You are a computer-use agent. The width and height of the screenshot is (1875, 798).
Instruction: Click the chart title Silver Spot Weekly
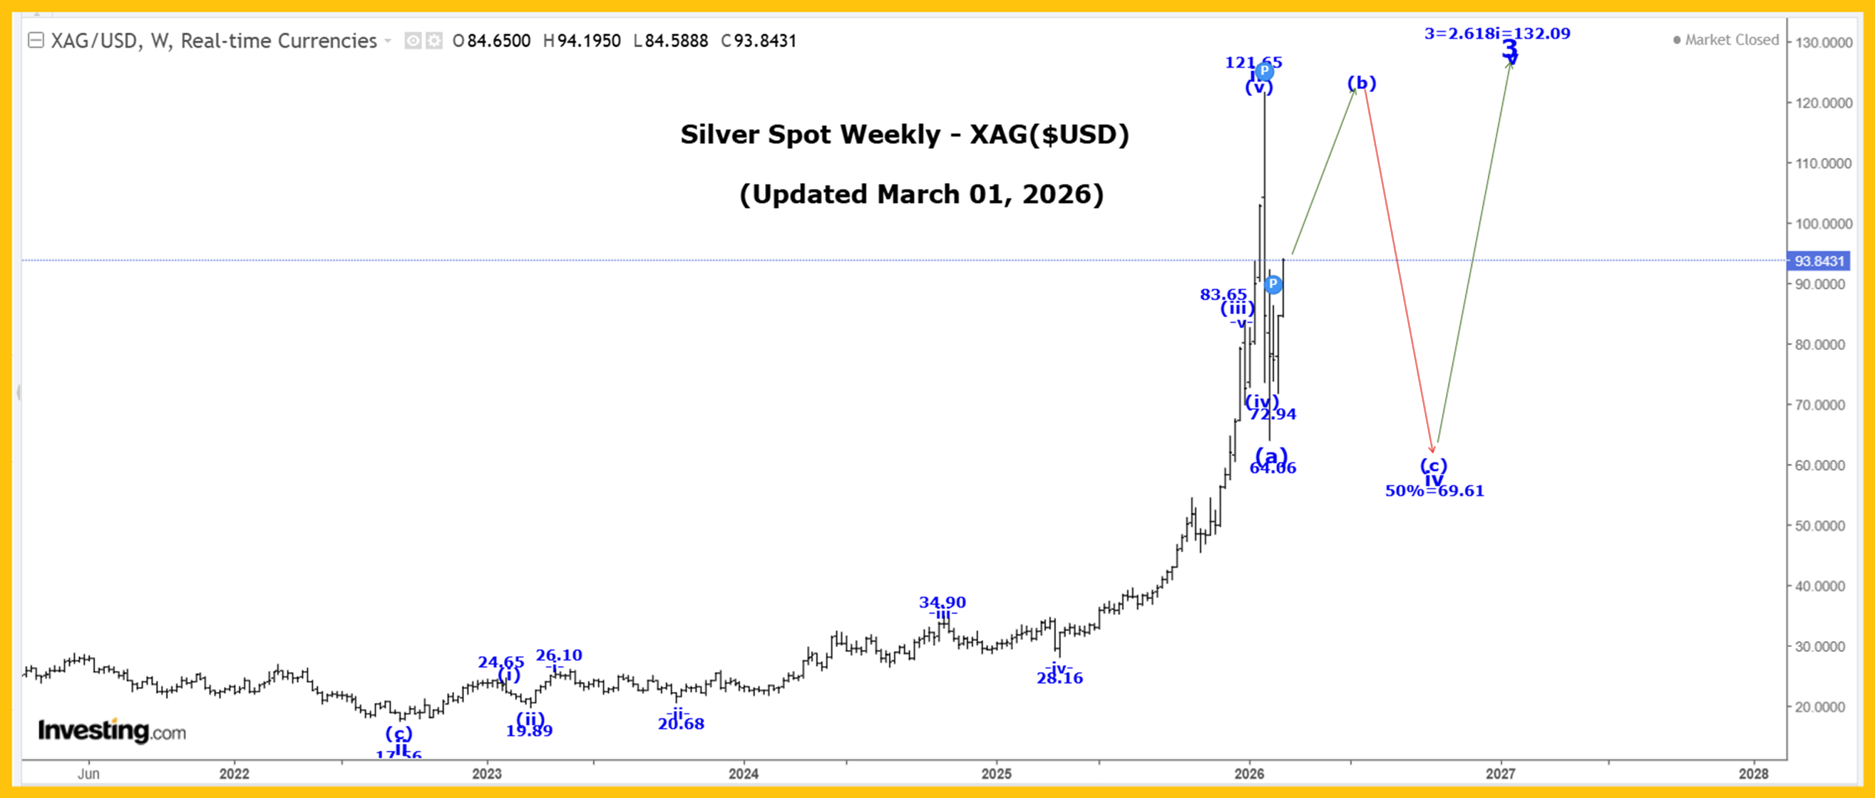pos(904,135)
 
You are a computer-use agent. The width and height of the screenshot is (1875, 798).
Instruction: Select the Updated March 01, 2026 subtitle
pos(922,195)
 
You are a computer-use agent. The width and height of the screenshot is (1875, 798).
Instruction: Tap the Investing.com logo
pos(112,730)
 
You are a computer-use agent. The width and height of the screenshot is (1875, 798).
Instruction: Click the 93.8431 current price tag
pos(1819,261)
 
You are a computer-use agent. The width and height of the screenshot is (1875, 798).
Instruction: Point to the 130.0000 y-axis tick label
pos(1824,43)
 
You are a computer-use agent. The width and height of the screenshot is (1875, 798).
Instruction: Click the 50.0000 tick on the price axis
pos(1824,526)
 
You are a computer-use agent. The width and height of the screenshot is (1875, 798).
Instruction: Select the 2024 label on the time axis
pos(743,774)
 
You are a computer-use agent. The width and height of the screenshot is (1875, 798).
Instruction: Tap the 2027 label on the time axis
pos(1500,774)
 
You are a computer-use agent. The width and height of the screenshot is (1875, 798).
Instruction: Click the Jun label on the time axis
pos(89,774)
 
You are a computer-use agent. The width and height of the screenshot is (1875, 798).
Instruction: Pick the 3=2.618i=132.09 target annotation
pos(1496,33)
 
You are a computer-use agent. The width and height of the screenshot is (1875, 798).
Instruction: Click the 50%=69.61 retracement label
pos(1434,491)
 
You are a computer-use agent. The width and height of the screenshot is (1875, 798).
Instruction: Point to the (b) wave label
pos(1361,83)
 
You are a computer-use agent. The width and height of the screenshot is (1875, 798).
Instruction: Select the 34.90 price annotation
pos(942,602)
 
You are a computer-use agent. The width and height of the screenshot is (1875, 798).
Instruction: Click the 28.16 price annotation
pos(1060,678)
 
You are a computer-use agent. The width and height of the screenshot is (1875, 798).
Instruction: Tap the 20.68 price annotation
pos(681,724)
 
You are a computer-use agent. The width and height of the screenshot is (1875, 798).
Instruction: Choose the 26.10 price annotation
pos(559,655)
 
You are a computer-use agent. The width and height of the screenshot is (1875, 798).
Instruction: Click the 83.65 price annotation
pos(1223,294)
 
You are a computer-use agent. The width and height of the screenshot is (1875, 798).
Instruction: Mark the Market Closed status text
pos(1731,40)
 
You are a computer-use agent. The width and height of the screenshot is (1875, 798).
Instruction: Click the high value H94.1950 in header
pos(582,41)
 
